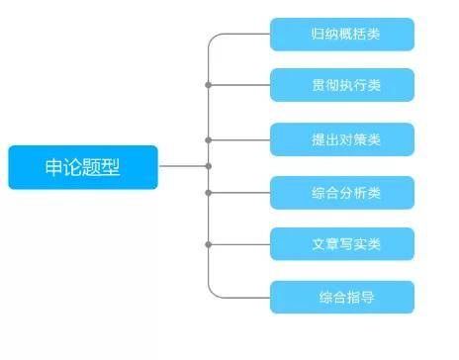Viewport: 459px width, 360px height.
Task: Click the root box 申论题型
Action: [x=82, y=166]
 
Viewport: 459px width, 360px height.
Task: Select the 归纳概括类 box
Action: [x=341, y=35]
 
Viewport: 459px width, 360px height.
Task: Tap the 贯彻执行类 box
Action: [x=341, y=85]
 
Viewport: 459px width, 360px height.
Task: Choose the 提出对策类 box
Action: [x=341, y=139]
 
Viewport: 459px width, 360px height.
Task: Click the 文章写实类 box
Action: [x=341, y=244]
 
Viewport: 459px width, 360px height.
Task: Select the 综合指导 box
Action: [x=341, y=297]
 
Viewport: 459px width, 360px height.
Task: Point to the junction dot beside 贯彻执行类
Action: [x=208, y=85]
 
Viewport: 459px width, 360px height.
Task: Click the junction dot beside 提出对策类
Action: [x=208, y=139]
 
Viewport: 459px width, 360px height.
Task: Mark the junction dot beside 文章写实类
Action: [x=208, y=244]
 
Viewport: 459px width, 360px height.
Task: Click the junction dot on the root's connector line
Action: [x=208, y=166]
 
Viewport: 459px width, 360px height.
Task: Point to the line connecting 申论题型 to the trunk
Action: [x=183, y=166]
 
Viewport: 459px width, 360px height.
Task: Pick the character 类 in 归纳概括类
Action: [x=373, y=35]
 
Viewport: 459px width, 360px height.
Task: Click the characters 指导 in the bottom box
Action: [x=359, y=297]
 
